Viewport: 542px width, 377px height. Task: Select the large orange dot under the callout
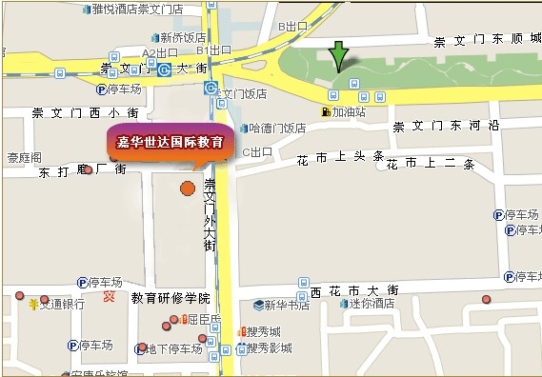tap(188, 188)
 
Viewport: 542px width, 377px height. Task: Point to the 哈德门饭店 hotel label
tap(275, 129)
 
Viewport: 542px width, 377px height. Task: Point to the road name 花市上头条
tap(339, 156)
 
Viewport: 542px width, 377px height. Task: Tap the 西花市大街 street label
tap(354, 289)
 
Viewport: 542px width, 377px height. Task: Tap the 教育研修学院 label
tap(170, 298)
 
